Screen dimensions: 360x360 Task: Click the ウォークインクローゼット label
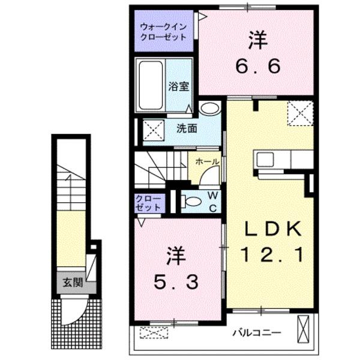[163, 32]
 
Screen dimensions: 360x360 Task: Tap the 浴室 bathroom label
[179, 86]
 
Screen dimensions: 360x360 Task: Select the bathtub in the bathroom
[151, 85]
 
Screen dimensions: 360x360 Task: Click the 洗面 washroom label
[187, 129]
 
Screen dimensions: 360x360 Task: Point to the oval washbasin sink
[210, 108]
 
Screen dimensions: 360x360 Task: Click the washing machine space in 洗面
[154, 130]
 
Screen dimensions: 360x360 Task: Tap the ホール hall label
[208, 162]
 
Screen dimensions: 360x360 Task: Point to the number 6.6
[257, 66]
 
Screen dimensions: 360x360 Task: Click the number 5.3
[176, 282]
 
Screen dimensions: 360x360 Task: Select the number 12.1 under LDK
[272, 254]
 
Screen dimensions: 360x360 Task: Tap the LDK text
[273, 229]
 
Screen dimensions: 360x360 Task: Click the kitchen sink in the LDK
[265, 160]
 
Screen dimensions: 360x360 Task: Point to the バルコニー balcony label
[257, 332]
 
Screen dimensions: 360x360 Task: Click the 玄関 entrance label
[73, 283]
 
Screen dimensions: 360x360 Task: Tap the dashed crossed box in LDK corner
[301, 113]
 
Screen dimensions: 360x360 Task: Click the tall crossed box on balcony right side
[303, 329]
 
